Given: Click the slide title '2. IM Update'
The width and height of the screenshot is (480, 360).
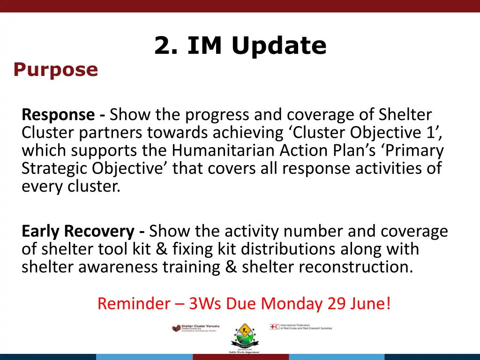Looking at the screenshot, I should pos(240,46).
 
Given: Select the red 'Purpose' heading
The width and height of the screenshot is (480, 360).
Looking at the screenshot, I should pos(55,70).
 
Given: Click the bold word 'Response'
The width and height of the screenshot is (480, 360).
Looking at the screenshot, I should pos(58,114).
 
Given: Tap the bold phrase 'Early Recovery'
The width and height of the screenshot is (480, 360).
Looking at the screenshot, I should pos(78,231).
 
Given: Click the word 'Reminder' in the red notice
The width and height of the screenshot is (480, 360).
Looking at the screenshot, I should pos(134,304).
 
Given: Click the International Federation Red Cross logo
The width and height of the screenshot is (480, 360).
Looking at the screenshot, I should pos(300,327).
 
